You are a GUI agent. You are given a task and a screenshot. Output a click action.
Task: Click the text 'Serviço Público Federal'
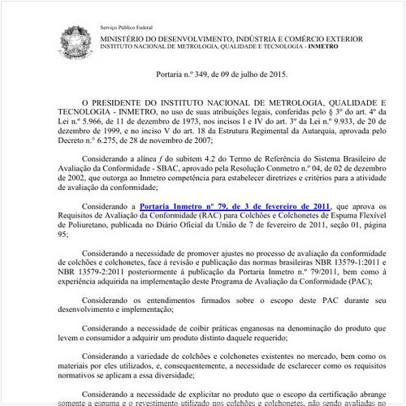click(126, 27)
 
